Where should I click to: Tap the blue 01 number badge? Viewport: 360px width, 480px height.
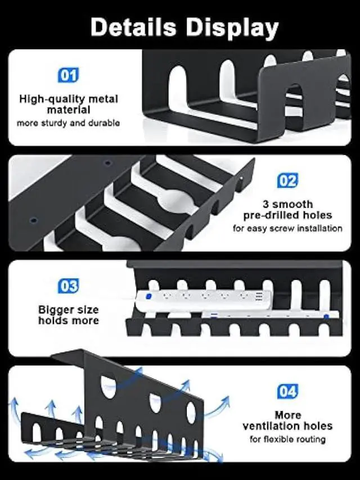tap(69, 75)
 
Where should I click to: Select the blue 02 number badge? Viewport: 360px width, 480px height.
tap(287, 180)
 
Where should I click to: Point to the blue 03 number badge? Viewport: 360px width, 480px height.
tap(69, 286)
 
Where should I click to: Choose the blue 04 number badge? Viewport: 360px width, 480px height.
tap(287, 391)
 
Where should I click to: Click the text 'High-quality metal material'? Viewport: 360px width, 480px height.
tap(69, 105)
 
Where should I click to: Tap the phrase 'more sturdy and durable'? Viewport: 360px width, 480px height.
tap(69, 123)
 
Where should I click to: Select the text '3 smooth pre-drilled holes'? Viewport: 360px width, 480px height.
tap(287, 210)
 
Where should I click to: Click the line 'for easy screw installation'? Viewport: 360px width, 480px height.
tap(287, 229)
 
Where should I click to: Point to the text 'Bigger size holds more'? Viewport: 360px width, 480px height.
tap(69, 315)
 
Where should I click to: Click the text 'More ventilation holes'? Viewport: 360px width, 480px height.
tap(287, 420)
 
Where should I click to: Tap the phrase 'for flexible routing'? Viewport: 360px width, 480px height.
tap(287, 439)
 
